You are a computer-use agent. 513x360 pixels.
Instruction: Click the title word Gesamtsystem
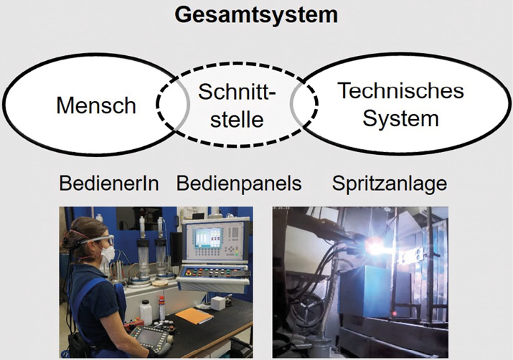coord(256,15)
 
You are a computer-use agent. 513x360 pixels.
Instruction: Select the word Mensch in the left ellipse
coord(96,105)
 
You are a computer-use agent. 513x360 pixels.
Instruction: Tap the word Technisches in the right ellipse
coord(400,90)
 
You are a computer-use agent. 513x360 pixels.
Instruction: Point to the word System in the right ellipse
coord(400,118)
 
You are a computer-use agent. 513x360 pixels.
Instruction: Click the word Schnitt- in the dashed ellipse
coord(237,92)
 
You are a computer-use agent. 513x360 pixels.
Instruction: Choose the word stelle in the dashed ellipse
coord(237,119)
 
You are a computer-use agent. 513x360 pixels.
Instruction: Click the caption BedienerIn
coord(109,184)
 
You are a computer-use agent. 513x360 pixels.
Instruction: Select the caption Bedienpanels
coord(239,184)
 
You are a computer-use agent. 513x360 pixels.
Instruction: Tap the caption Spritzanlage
coord(390,184)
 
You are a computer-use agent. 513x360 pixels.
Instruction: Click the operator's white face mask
coord(107,253)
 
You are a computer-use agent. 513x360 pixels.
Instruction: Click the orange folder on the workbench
coord(194,316)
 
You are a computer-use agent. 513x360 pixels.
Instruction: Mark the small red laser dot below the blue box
coord(395,314)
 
